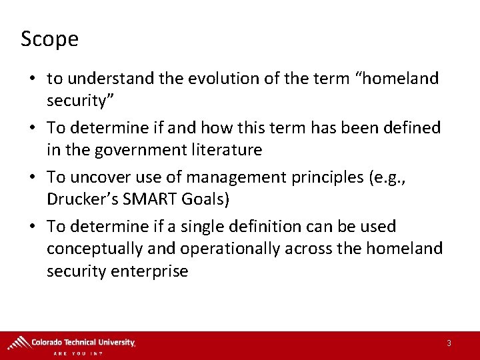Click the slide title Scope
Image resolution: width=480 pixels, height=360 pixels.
[x=49, y=39]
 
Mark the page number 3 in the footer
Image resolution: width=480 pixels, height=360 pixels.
[x=449, y=343]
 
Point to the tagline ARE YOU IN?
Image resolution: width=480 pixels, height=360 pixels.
[x=78, y=353]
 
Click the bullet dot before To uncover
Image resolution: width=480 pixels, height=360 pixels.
[x=33, y=178]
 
